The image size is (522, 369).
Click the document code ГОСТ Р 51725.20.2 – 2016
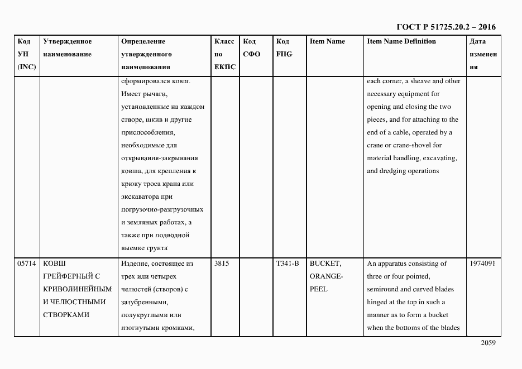click(446, 27)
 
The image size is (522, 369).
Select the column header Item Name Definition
click(401, 41)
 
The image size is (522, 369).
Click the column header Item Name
click(327, 41)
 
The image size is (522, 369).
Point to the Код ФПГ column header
click(284, 47)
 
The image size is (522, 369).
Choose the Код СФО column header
click(252, 47)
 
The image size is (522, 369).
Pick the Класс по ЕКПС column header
click(224, 54)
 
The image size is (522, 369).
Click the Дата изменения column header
click(483, 54)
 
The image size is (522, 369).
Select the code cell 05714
click(27, 263)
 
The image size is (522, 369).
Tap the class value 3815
click(222, 263)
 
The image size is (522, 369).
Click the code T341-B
click(287, 263)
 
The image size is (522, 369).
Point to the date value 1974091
click(483, 263)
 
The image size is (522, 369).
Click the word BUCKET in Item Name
click(325, 263)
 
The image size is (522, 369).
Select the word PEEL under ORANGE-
click(318, 289)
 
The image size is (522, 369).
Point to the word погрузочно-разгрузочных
click(162, 210)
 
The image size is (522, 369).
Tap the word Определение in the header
click(143, 41)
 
